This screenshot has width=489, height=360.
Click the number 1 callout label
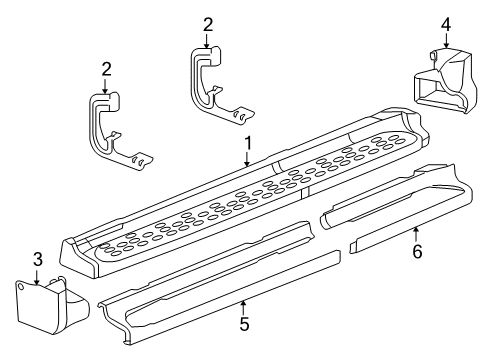click(247, 144)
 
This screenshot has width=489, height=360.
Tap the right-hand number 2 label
click(207, 24)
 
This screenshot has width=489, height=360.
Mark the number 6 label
click(416, 252)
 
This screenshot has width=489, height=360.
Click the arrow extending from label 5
click(244, 307)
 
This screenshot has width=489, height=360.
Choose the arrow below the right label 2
click(207, 40)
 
